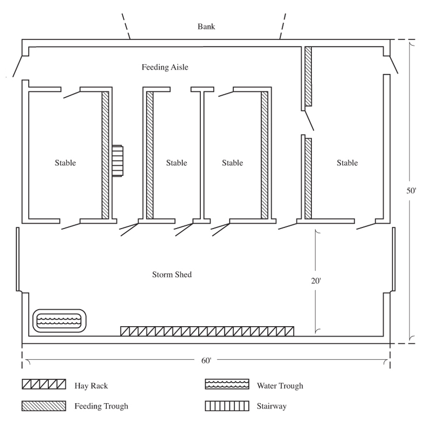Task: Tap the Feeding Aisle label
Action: point(165,67)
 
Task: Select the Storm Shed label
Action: point(172,275)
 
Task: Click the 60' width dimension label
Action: point(207,361)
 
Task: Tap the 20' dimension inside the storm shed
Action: point(317,281)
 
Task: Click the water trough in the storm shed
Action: point(58,320)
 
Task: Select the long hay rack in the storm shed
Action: point(207,331)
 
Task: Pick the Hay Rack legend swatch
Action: point(44,384)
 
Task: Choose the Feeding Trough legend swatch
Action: point(44,406)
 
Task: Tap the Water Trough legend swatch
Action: point(227,384)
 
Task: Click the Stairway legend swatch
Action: point(227,406)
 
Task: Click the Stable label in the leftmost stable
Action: point(65,163)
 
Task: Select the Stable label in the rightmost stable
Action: point(347,163)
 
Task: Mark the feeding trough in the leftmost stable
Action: point(105,155)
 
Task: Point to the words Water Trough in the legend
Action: point(280,385)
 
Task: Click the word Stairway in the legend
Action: point(272,407)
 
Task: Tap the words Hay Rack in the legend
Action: point(91,385)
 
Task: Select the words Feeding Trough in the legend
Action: point(101,407)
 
